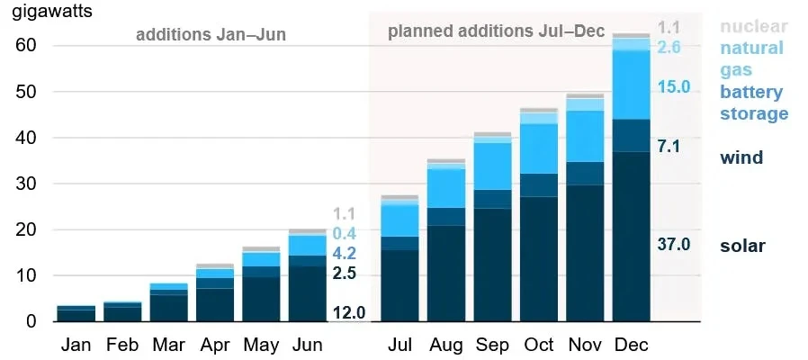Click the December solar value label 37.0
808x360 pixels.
point(674,244)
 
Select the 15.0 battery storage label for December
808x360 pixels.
point(674,86)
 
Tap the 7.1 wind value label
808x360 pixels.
point(669,147)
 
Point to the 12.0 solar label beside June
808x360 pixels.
point(349,312)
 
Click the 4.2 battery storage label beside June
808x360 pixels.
point(345,254)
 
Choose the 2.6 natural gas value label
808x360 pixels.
point(669,48)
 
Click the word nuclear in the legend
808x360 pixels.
point(754,26)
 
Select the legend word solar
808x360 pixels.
point(742,246)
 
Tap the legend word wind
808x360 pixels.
point(741,157)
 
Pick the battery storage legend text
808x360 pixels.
point(754,103)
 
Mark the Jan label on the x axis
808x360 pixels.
point(76,345)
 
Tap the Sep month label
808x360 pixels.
point(492,345)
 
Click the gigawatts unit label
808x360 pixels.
point(52,12)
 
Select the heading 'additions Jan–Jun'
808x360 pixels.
point(211,34)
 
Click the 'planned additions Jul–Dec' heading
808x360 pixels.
point(496,31)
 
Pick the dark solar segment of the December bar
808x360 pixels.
point(632,237)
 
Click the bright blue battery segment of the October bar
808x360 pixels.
point(539,148)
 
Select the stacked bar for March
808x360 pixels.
point(169,302)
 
